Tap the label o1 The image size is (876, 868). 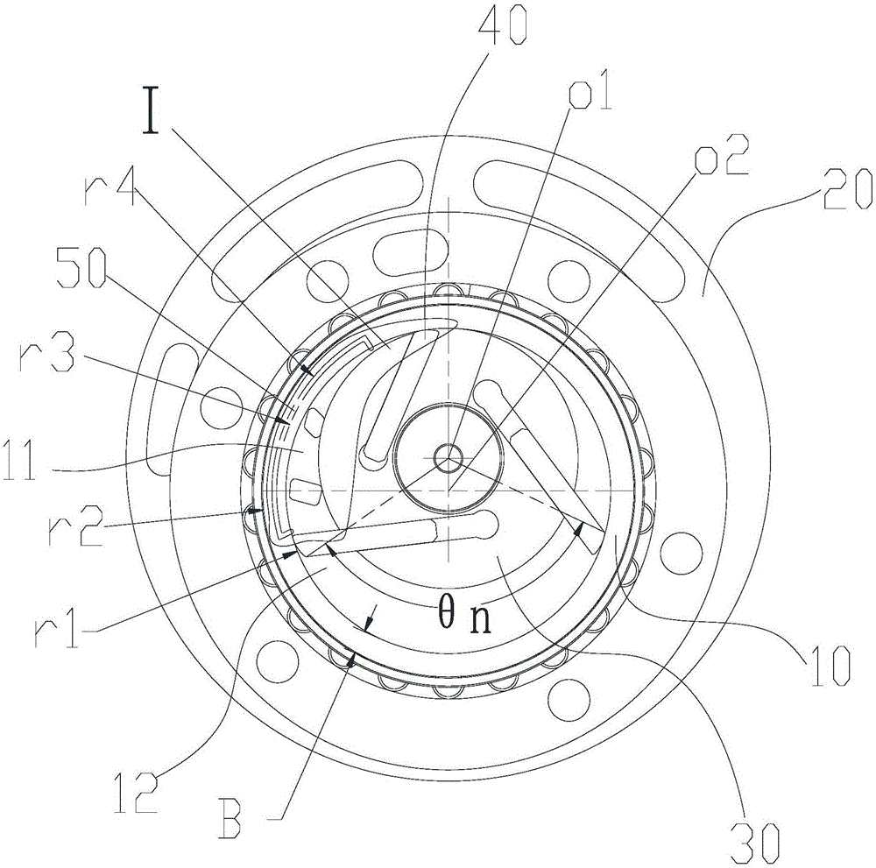pos(589,90)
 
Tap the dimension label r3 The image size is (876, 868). pos(46,350)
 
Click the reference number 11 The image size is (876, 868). pos(22,459)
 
